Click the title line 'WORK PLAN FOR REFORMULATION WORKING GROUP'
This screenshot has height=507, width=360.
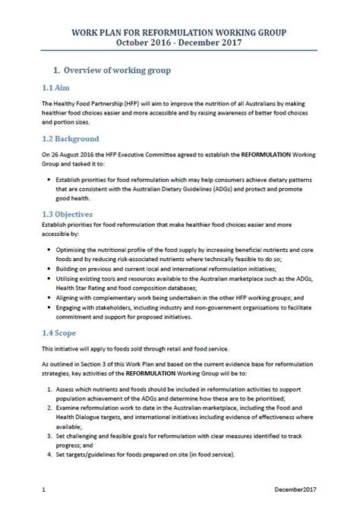[180, 34]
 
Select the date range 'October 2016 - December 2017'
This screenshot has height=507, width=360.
[180, 45]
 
